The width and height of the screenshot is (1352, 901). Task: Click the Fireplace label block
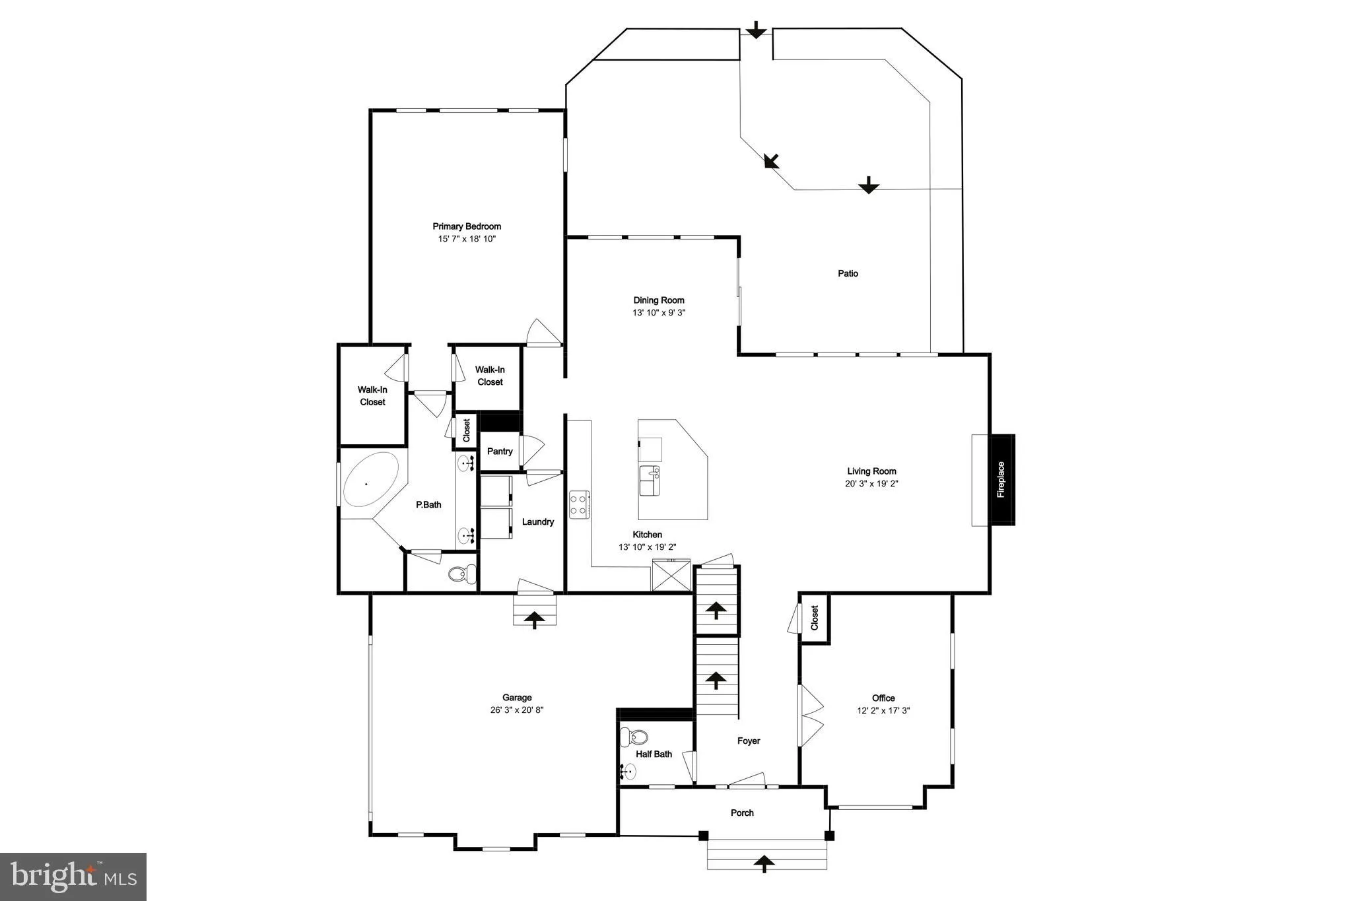point(1001,480)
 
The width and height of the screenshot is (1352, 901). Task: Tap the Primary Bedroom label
point(467,226)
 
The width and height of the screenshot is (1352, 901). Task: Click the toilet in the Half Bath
point(638,735)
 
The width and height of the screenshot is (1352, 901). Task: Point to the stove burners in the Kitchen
point(579,504)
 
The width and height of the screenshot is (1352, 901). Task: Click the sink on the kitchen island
point(650,480)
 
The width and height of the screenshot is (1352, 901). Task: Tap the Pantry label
point(500,451)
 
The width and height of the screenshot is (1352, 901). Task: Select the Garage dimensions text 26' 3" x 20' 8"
point(517,710)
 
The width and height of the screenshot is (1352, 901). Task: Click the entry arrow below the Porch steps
point(764,863)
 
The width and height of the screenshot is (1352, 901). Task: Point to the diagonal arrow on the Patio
point(771,160)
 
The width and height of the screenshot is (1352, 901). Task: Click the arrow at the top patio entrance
point(756,29)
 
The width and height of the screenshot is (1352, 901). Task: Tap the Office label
point(883,698)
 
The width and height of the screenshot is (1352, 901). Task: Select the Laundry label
point(537,521)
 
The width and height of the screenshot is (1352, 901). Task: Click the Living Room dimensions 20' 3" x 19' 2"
point(871,484)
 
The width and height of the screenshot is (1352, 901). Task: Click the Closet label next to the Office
point(815,618)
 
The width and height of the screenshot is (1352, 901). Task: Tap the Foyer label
point(749,741)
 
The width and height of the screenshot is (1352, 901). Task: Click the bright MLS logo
point(73,877)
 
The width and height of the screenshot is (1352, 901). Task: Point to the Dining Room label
point(659,300)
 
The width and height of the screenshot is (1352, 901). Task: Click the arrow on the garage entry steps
point(535,619)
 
